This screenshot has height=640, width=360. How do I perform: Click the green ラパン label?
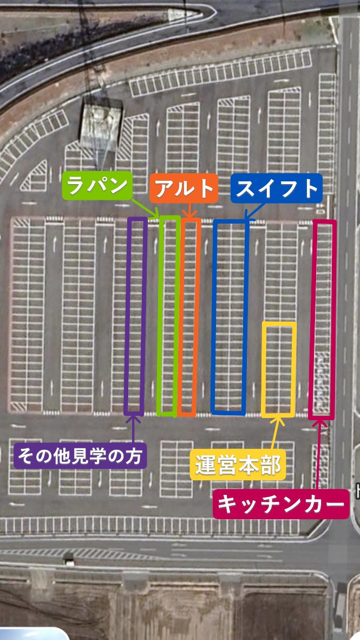click(x=97, y=186)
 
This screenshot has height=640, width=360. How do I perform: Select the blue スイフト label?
click(x=276, y=188)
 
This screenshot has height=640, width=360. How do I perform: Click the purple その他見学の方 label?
click(x=80, y=456)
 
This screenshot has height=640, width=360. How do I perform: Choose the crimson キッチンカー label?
click(x=280, y=504)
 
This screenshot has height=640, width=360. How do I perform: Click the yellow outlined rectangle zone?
click(x=279, y=369)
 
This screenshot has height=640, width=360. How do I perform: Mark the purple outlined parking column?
click(x=136, y=316)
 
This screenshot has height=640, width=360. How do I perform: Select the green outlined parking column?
click(x=168, y=316)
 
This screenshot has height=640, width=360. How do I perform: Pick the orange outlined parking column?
click(x=189, y=316)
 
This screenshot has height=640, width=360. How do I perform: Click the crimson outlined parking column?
click(x=324, y=319)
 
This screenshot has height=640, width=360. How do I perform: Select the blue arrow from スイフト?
click(x=253, y=211)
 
